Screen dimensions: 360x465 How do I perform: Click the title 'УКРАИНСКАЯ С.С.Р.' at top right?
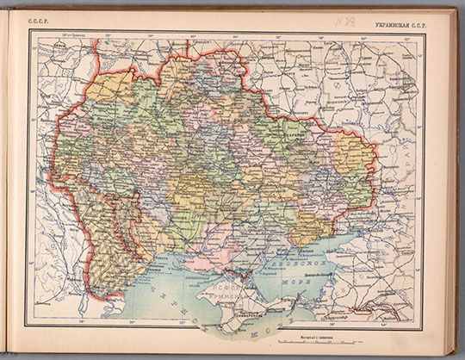tap(394, 17)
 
